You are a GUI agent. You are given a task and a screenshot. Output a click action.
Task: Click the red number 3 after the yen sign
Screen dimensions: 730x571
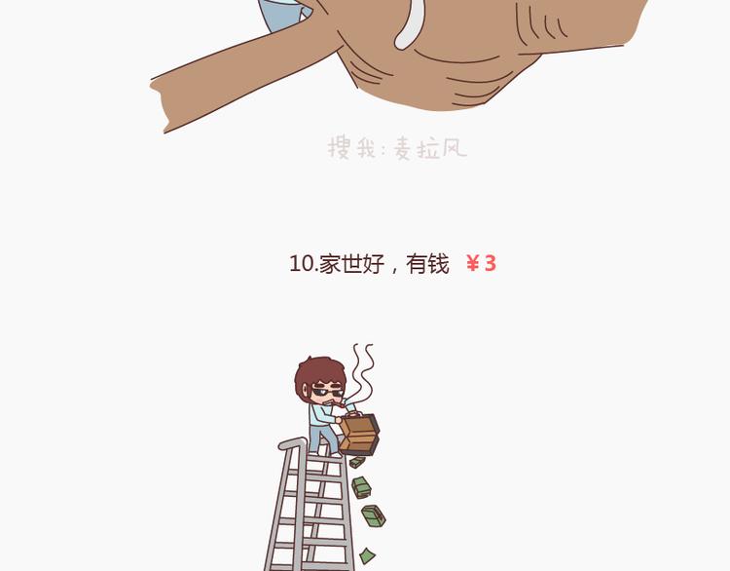point(491,264)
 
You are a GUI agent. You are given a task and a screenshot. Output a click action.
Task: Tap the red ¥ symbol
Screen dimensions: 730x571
point(472,264)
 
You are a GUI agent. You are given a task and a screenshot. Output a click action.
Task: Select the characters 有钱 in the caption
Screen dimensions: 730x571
point(427,264)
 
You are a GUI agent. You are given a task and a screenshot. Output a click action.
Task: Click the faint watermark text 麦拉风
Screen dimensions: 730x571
point(430,149)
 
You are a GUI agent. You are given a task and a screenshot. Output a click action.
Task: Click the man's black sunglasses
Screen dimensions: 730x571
point(327,390)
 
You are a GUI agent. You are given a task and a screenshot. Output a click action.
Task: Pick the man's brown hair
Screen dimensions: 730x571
point(316,372)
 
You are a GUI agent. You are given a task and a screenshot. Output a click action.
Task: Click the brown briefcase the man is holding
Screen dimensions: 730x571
point(359,434)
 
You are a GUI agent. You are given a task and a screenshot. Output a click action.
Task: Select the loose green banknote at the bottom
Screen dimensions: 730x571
point(367,555)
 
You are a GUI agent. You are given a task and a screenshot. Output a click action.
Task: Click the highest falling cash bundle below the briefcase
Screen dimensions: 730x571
point(357,462)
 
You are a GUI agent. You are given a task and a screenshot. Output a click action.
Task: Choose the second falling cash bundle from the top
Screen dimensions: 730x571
point(361,487)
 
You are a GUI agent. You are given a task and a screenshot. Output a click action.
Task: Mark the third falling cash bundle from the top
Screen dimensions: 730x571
point(374,516)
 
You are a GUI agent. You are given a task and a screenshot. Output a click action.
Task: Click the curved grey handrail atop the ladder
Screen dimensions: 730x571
point(293,441)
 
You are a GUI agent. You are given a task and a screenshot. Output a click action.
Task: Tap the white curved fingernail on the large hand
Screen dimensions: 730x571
point(410,23)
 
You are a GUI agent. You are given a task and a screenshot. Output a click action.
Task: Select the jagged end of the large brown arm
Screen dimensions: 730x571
point(159,105)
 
